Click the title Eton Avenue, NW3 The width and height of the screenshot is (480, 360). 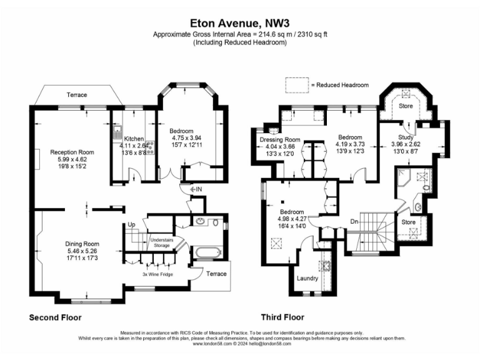[240, 21]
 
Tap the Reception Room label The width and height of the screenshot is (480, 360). [72, 152]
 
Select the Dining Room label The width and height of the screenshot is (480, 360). [82, 244]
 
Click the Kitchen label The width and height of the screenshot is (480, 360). [134, 139]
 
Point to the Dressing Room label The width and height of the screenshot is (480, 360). [280, 139]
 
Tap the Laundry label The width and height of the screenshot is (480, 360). [308, 278]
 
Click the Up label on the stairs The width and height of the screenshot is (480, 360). [131, 224]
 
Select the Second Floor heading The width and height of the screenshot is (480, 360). [56, 317]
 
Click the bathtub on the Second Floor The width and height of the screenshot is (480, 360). [207, 253]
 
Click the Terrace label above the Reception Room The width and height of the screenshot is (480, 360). [77, 95]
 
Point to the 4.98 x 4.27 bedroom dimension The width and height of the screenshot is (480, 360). [292, 219]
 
